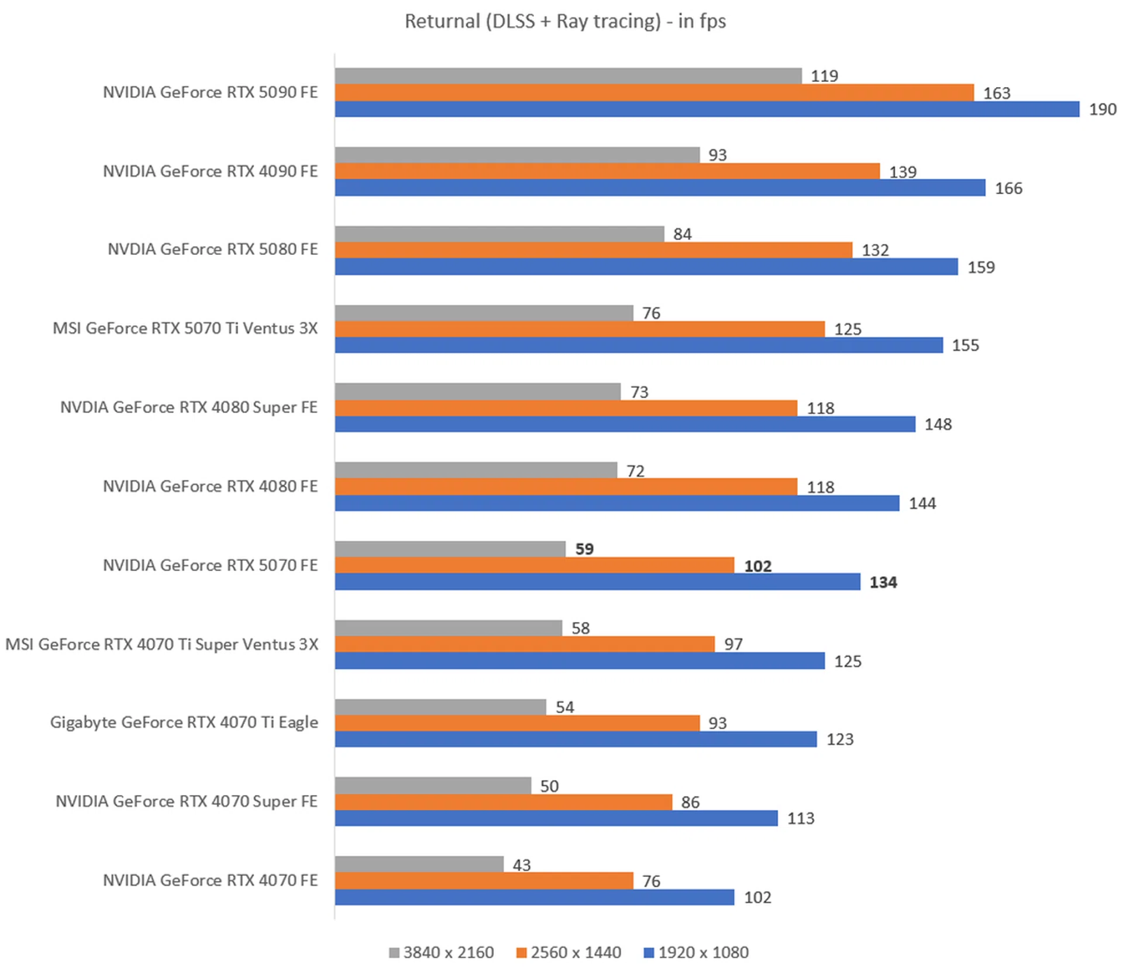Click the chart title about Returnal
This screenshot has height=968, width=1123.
(565, 22)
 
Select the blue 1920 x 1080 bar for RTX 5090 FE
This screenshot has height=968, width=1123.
(707, 109)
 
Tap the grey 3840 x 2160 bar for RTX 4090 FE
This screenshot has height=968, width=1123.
(517, 155)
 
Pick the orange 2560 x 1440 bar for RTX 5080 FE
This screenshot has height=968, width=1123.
(593, 250)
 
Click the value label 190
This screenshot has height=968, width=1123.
(1102, 109)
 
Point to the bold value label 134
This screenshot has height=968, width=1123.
(883, 582)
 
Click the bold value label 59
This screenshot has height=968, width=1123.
(584, 549)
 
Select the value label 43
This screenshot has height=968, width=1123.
(521, 865)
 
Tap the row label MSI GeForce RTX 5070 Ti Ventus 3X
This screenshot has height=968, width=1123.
(185, 329)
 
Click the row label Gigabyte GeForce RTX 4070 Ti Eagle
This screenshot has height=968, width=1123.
(184, 722)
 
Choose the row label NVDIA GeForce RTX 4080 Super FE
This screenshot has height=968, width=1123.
(189, 407)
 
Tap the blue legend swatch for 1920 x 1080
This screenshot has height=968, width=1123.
(648, 953)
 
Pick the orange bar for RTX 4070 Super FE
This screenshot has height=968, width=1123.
(503, 802)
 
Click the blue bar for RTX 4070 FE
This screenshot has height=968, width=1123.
(534, 897)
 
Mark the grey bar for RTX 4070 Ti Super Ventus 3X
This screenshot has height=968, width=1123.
(448, 628)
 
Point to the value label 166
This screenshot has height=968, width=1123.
(1008, 188)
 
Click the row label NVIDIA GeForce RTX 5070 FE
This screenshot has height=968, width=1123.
(210, 565)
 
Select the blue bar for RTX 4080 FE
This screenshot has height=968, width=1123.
(616, 503)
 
